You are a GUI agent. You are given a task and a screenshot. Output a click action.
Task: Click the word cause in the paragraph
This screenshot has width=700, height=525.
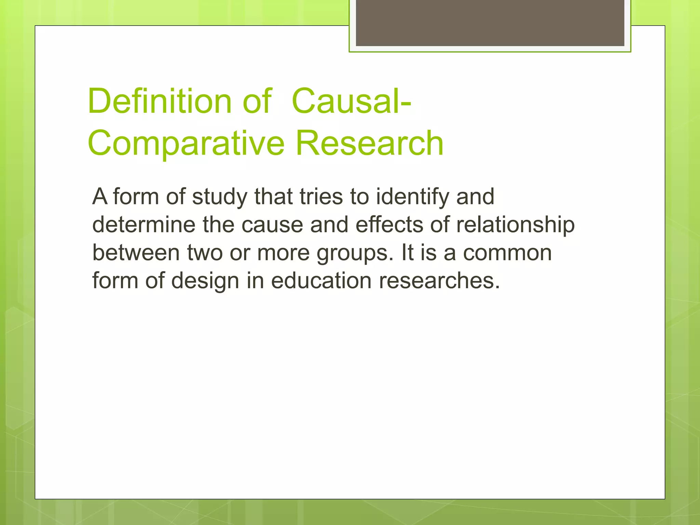272,225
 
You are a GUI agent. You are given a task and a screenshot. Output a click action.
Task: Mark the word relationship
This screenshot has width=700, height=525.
515,225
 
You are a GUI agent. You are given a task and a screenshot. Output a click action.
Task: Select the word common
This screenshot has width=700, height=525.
507,253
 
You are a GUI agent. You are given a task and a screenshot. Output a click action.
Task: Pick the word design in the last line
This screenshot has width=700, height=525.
205,281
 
